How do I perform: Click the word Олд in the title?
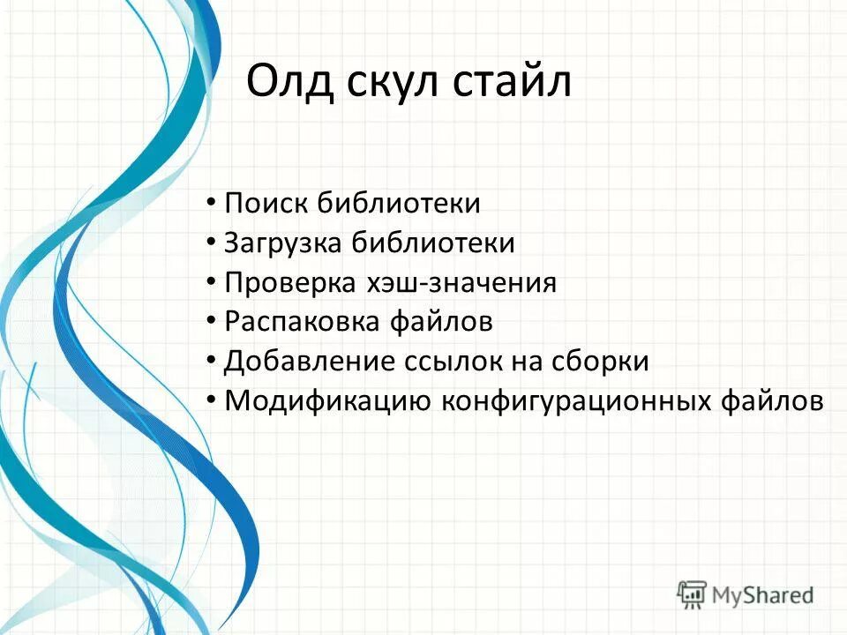[289, 82]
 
